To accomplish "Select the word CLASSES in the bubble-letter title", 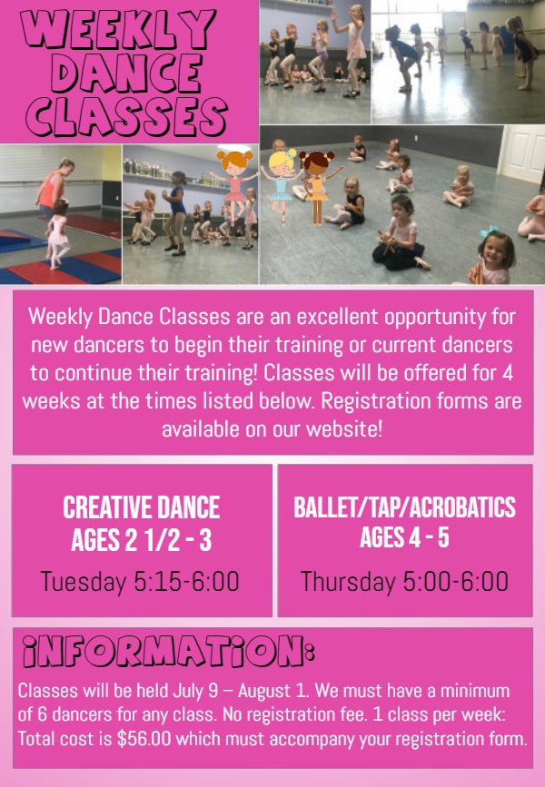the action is tap(126, 116).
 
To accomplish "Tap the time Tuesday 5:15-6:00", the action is tap(140, 581).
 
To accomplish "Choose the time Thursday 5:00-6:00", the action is tap(404, 581).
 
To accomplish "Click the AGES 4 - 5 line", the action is tap(404, 537).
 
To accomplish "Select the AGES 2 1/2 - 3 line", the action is tap(141, 540).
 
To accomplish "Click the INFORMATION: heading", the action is tap(168, 652).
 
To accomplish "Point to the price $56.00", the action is tap(144, 738).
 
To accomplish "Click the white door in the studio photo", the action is tap(523, 154).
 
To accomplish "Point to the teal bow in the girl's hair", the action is tap(489, 231).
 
